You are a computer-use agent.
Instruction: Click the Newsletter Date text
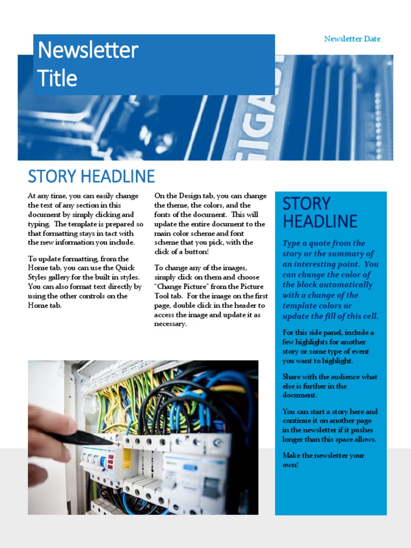pyautogui.click(x=352, y=39)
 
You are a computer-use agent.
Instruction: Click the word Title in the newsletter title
pyautogui.click(x=57, y=79)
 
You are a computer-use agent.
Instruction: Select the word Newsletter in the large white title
pyautogui.click(x=88, y=51)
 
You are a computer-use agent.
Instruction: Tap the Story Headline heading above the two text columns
pyautogui.click(x=91, y=176)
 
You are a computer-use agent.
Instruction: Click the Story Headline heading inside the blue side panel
pyautogui.click(x=319, y=212)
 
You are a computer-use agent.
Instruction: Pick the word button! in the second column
pyautogui.click(x=196, y=252)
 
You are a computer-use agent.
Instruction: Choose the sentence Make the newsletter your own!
pyautogui.click(x=323, y=460)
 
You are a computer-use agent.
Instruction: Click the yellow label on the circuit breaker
pyautogui.click(x=127, y=459)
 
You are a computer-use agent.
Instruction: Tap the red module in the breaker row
pyautogui.click(x=111, y=461)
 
